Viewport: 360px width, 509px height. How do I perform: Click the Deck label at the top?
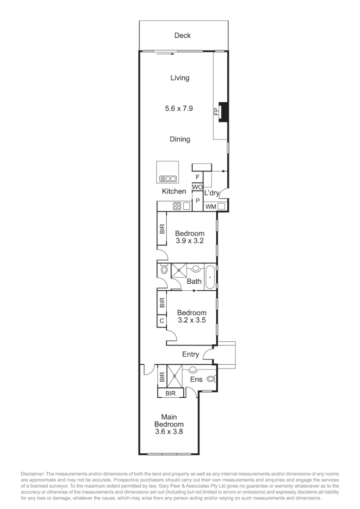pyautogui.click(x=182, y=35)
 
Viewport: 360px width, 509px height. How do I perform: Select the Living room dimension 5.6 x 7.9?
pyautogui.click(x=180, y=108)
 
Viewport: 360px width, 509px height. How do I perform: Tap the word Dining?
pyautogui.click(x=180, y=139)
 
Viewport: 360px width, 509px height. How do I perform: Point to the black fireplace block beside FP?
pyautogui.click(x=224, y=112)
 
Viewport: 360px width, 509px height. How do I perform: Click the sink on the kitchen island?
pyautogui.click(x=168, y=179)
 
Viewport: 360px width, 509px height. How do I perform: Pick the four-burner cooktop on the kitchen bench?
pyautogui.click(x=177, y=205)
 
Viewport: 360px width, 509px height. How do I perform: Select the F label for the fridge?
pyautogui.click(x=197, y=177)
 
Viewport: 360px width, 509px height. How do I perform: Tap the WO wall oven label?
pyautogui.click(x=197, y=187)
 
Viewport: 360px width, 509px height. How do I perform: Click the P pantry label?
pyautogui.click(x=197, y=201)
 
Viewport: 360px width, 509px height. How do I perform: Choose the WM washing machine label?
pyautogui.click(x=210, y=206)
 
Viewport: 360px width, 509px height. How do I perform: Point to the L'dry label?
pyautogui.click(x=212, y=193)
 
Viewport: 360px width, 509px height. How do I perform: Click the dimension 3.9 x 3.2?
pyautogui.click(x=189, y=241)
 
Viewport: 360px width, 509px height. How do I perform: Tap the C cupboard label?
pyautogui.click(x=162, y=320)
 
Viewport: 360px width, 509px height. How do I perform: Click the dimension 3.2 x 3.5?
pyautogui.click(x=191, y=320)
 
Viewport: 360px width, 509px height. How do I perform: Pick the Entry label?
pyautogui.click(x=190, y=354)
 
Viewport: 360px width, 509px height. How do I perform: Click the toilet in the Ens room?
pyautogui.click(x=211, y=378)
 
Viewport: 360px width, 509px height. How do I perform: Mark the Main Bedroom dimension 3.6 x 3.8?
pyautogui.click(x=169, y=431)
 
